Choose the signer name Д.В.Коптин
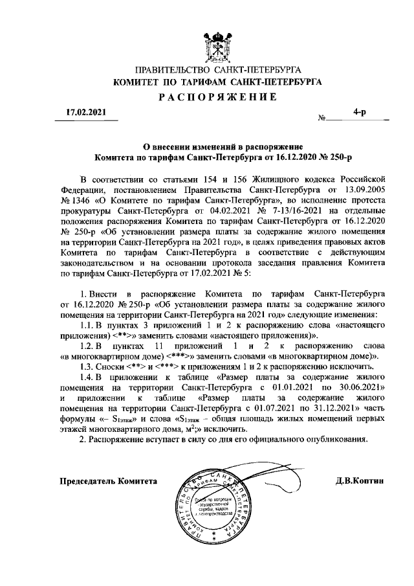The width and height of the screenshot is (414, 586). (360, 482)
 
